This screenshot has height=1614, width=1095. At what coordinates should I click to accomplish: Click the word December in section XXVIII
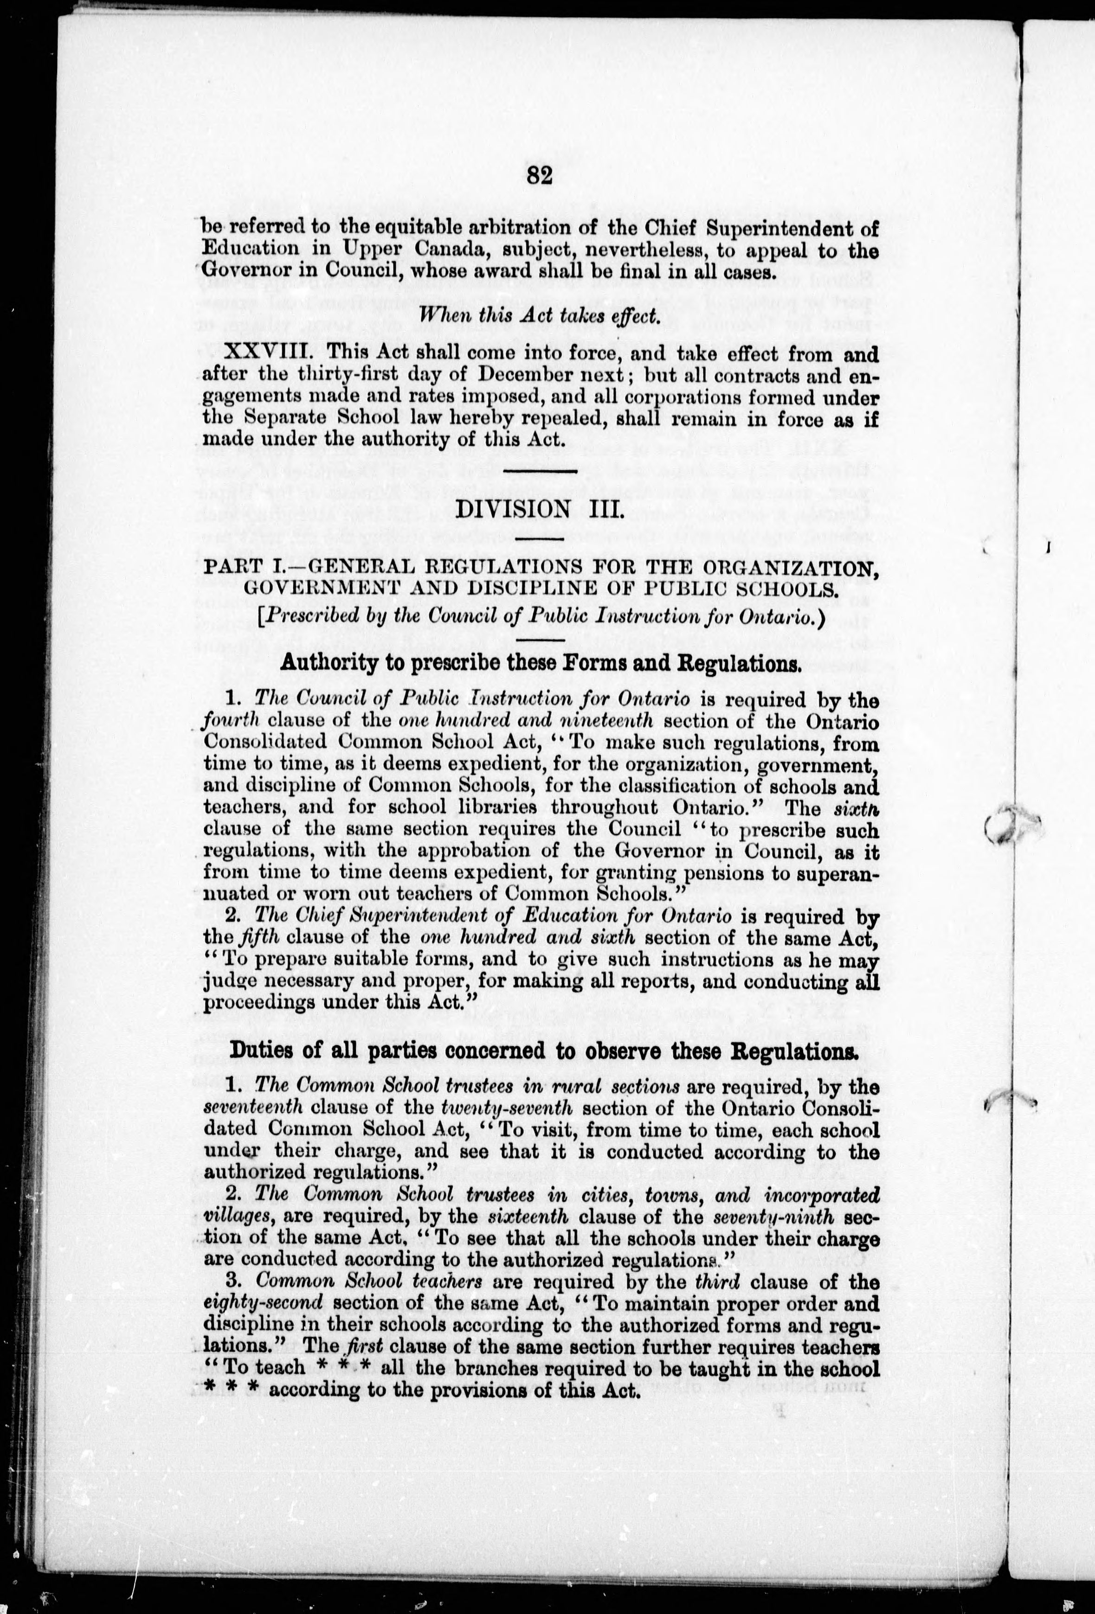click(518, 376)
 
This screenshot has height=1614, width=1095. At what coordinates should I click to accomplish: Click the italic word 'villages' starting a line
click(229, 1217)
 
